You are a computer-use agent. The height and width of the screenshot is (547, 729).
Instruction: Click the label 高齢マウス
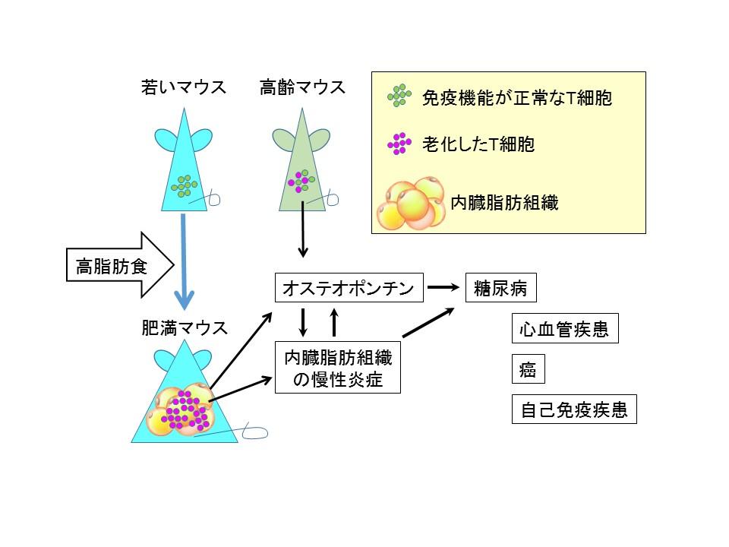pos(302,87)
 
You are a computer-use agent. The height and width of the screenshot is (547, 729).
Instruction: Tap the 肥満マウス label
pos(185,328)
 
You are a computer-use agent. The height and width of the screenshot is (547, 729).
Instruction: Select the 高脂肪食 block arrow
pos(118,266)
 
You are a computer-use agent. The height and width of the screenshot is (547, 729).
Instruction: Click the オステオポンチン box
pos(347,288)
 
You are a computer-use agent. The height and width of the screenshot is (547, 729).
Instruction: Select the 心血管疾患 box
pos(564,331)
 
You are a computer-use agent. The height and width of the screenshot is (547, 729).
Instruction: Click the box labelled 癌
pos(528,370)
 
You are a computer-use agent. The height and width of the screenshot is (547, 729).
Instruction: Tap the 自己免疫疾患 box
pos(573,410)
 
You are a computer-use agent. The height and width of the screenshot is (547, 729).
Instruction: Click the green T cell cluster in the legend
pos(399,96)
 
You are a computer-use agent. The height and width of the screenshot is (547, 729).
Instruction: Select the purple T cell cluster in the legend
pos(399,144)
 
